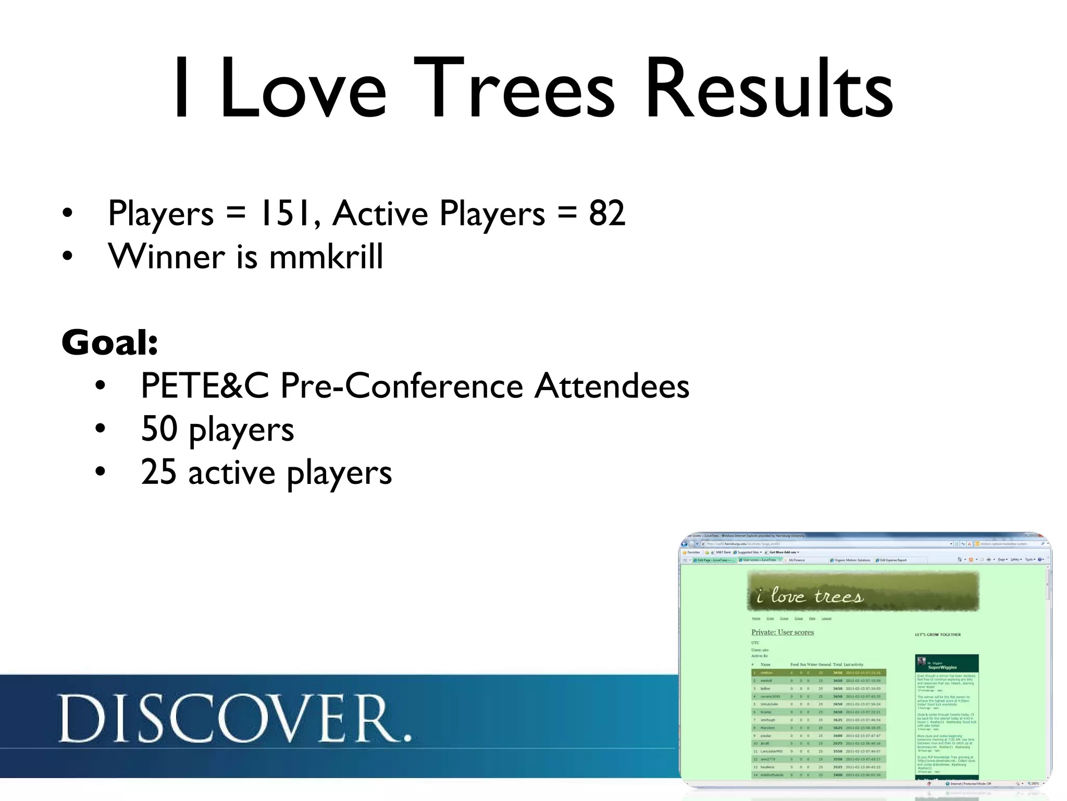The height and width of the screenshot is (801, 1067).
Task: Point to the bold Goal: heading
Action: tap(110, 343)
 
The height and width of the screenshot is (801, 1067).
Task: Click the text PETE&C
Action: tap(204, 386)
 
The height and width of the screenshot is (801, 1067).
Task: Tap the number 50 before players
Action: tap(159, 429)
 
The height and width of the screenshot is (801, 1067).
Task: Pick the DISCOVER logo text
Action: tap(234, 719)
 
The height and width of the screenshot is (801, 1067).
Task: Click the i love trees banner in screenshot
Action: tap(863, 591)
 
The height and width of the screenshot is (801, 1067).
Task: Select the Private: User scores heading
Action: tap(782, 632)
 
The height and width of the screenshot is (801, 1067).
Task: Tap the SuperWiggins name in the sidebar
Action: tap(942, 667)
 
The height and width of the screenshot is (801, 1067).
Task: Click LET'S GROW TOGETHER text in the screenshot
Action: tap(938, 635)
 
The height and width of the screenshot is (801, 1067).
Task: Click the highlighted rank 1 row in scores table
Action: tap(818, 673)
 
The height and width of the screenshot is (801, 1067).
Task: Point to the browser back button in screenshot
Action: tap(685, 543)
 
